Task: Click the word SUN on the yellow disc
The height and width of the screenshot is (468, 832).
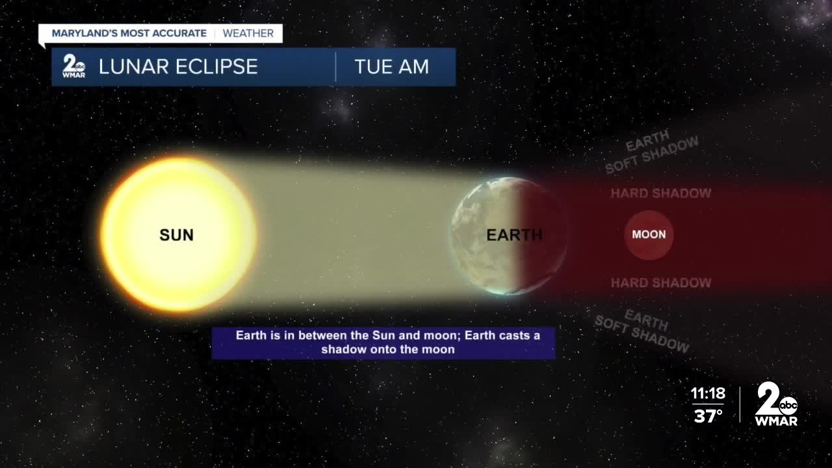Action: (176, 235)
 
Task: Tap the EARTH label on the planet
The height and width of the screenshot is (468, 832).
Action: (514, 235)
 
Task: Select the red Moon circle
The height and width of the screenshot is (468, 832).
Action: (649, 235)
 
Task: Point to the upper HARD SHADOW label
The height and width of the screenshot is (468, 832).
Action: (660, 193)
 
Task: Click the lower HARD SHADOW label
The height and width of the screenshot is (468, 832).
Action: (660, 283)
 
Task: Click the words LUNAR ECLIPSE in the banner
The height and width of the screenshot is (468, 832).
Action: (178, 66)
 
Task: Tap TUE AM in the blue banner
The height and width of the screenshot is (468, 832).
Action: (391, 66)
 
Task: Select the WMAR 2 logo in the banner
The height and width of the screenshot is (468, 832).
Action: (73, 66)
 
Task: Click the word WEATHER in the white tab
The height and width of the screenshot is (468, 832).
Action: (248, 33)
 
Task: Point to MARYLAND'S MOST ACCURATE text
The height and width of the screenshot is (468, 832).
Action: (129, 33)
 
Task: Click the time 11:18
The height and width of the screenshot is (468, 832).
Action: (707, 394)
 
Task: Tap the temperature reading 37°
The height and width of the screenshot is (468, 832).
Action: (708, 415)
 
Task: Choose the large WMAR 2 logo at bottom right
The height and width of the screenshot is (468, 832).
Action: (775, 404)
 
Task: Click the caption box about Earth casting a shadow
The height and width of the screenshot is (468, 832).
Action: (383, 343)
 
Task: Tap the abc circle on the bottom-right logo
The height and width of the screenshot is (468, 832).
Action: (788, 406)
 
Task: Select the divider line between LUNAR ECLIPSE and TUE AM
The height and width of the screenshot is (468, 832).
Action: (335, 66)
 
